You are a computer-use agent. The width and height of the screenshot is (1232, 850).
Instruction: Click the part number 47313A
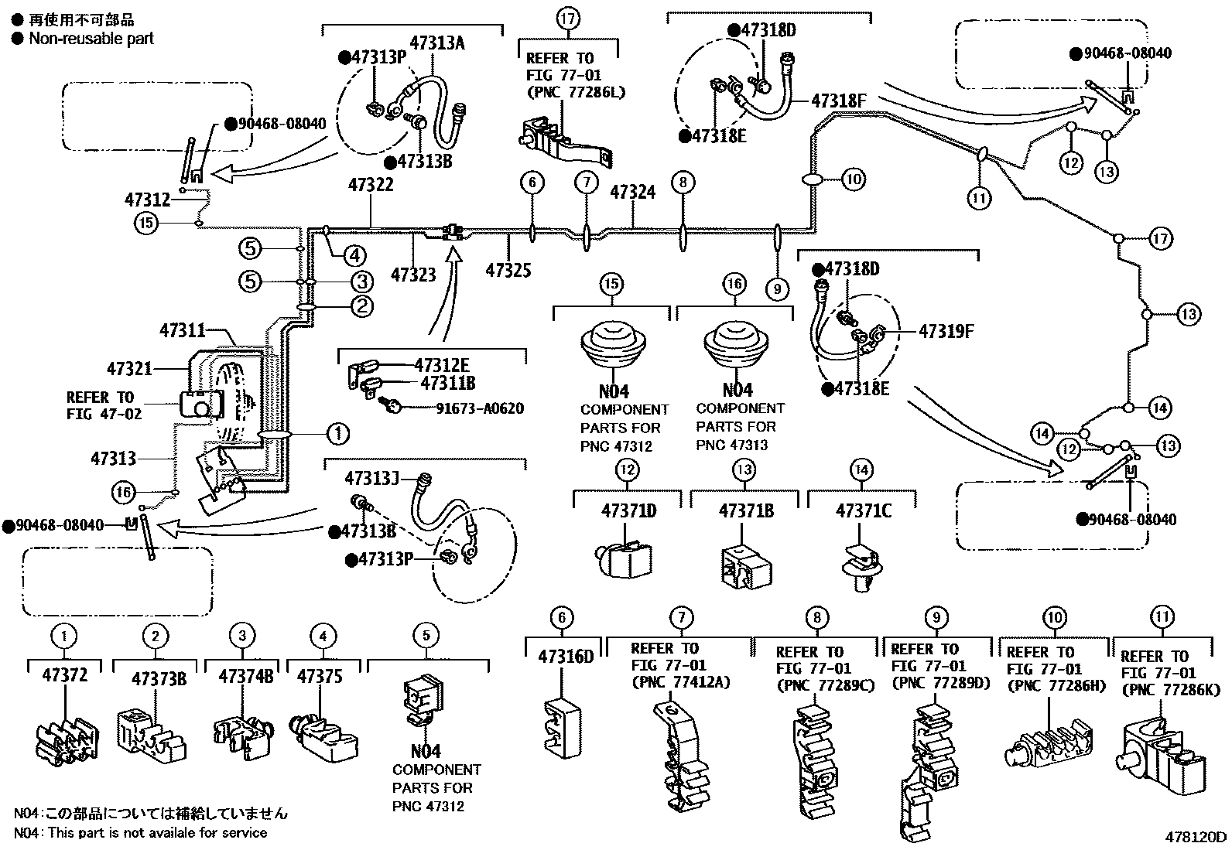click(x=437, y=43)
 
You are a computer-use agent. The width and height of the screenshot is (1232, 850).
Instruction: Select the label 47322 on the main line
click(x=371, y=185)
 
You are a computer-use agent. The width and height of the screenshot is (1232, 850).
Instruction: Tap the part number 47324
click(x=632, y=192)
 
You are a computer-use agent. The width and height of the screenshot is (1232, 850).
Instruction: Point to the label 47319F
click(x=946, y=332)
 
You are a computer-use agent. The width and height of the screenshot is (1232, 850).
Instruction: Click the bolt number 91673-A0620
click(x=479, y=408)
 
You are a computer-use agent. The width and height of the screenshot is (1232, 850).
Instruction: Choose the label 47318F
click(x=838, y=101)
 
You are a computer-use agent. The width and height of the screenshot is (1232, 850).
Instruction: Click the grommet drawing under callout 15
click(x=611, y=350)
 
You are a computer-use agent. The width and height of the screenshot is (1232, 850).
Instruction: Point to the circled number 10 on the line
click(x=853, y=180)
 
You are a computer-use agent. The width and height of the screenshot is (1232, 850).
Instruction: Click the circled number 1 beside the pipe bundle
click(x=338, y=434)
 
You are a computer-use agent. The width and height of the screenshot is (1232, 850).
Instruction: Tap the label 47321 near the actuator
click(x=129, y=369)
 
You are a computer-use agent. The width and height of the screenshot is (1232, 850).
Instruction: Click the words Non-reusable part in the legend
click(x=91, y=38)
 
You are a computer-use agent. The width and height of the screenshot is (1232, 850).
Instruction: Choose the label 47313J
click(x=372, y=478)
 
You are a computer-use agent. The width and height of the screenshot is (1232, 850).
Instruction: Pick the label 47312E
click(x=441, y=365)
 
